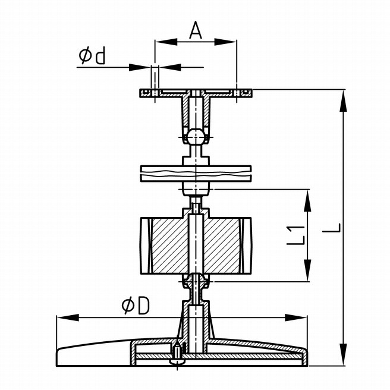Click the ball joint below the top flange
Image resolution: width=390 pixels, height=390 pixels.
point(196,136)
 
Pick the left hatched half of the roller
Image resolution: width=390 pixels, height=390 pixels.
point(169,244)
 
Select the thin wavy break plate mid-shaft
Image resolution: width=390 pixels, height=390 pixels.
point(196,173)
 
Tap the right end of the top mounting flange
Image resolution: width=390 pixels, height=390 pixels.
point(250,93)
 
